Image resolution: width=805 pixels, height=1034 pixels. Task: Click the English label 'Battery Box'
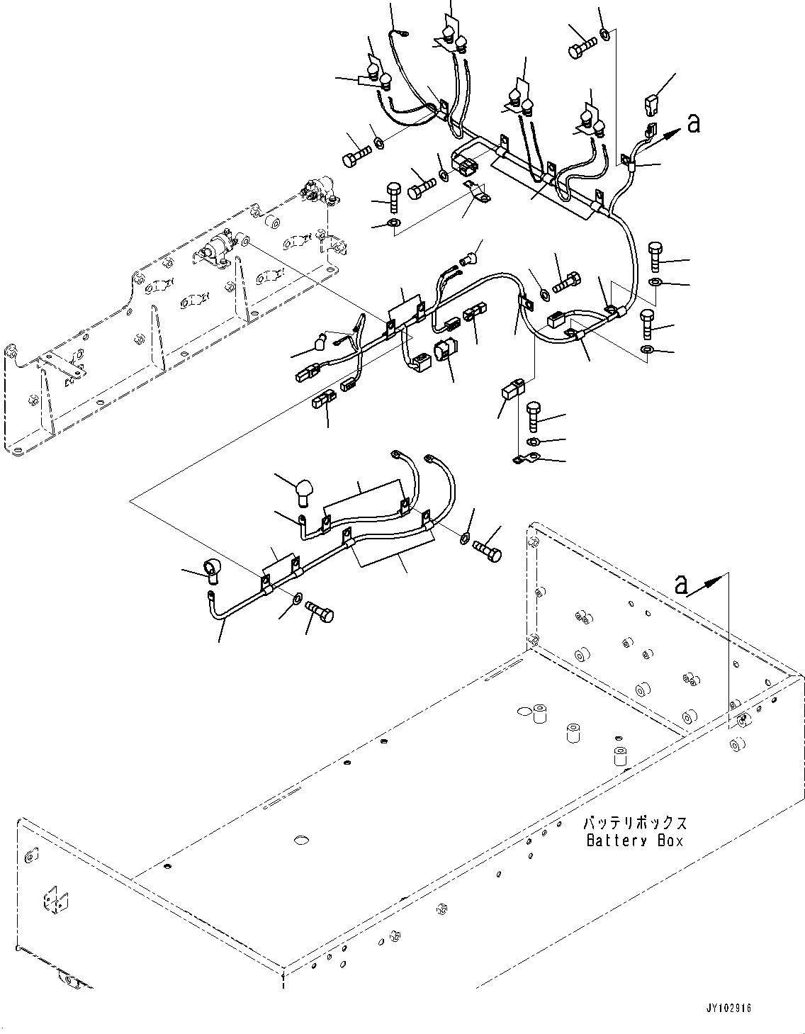pos(635,841)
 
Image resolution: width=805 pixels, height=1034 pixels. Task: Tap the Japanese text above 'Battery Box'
pos(635,824)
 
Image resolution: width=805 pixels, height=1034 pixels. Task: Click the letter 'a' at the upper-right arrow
pos(694,123)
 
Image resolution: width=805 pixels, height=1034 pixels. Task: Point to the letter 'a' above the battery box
pos(681,585)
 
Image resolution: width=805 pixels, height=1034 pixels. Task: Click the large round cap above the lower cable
pos(304,491)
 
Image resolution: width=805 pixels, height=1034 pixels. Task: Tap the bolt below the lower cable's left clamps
pos(320,610)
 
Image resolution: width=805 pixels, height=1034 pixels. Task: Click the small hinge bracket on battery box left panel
pos(52,899)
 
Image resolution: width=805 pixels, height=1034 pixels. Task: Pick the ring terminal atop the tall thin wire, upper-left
pos(402,31)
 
